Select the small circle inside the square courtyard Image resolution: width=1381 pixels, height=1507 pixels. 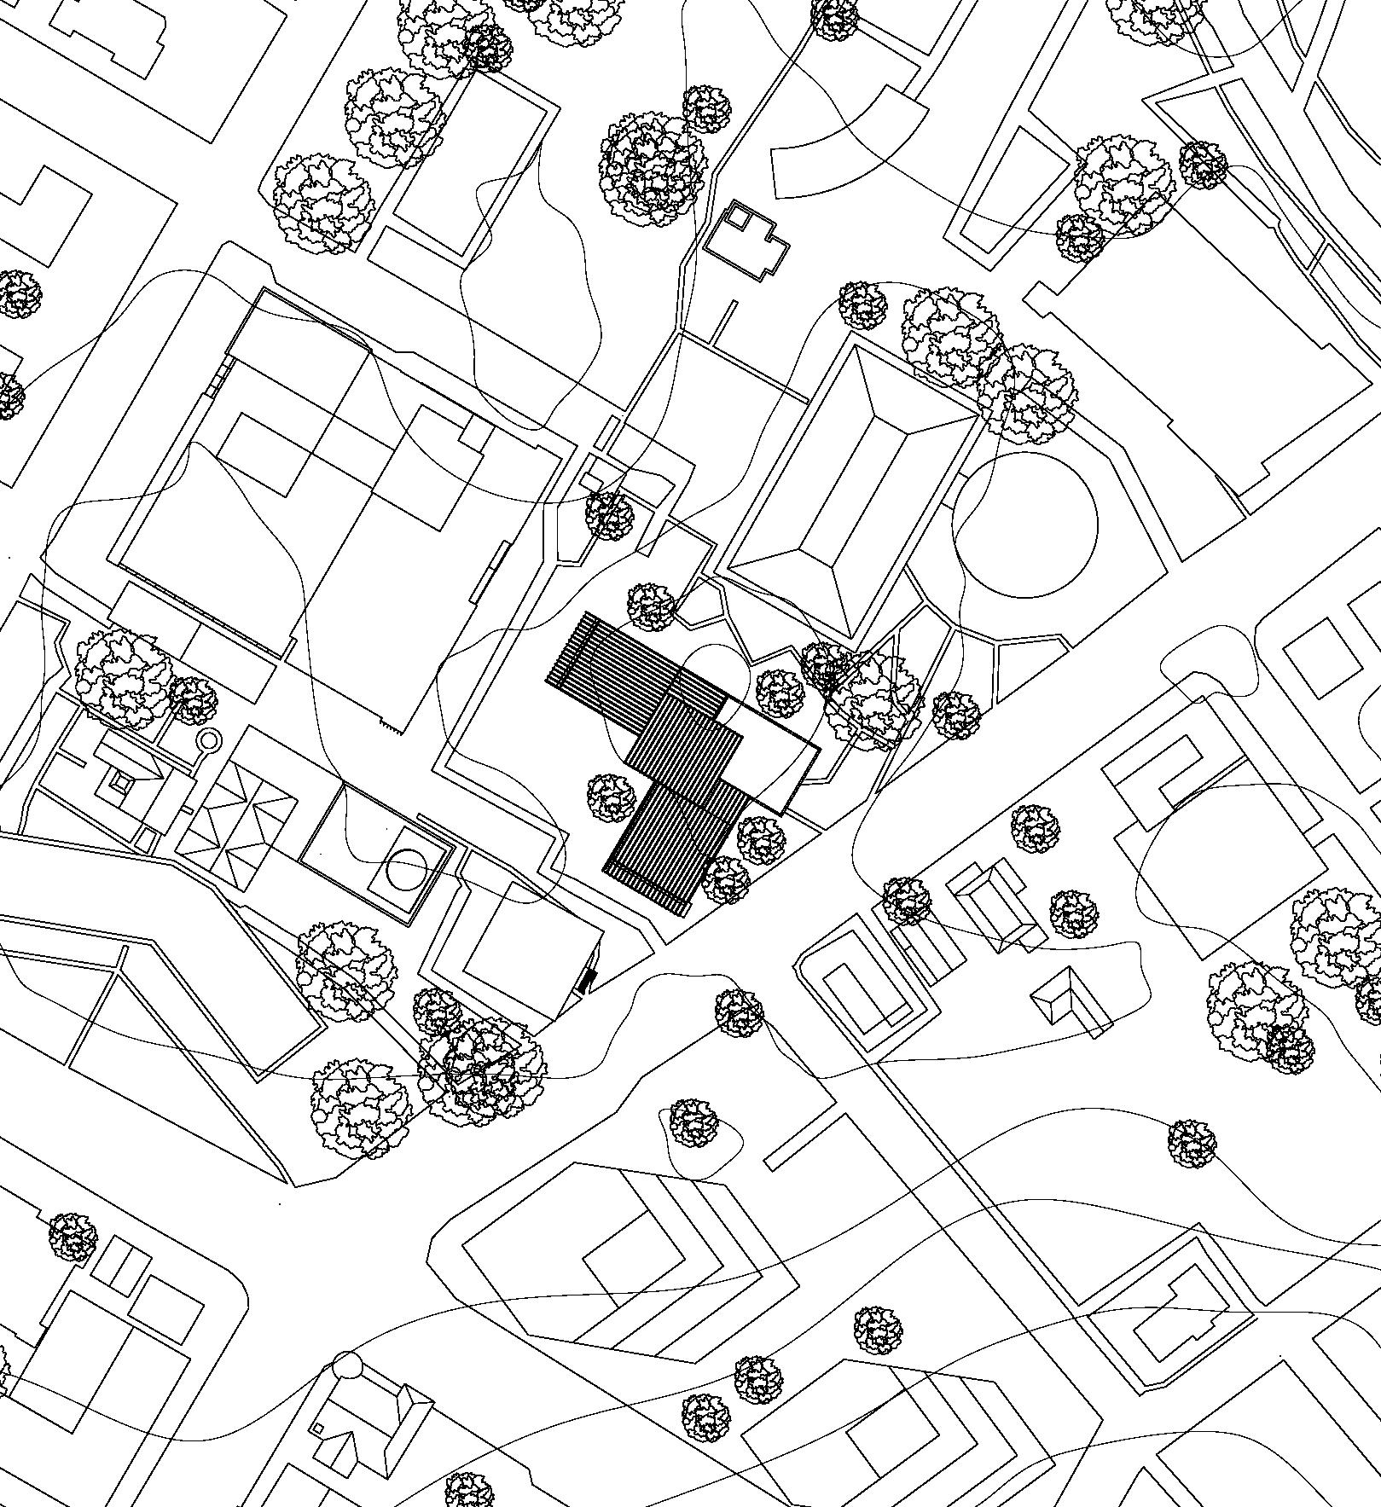[407, 870]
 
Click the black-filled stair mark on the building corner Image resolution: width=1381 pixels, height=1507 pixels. [584, 981]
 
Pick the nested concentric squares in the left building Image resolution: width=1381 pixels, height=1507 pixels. [119, 781]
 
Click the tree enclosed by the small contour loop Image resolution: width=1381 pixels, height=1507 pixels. [693, 1123]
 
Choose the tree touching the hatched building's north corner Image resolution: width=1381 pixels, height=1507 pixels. [651, 606]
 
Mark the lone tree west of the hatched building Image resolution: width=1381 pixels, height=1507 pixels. [612, 797]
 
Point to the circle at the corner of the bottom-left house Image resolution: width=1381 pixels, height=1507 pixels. [347, 1365]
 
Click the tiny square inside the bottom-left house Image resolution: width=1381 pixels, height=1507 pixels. [318, 1429]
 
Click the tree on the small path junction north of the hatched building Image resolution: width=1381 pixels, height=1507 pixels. [610, 516]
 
